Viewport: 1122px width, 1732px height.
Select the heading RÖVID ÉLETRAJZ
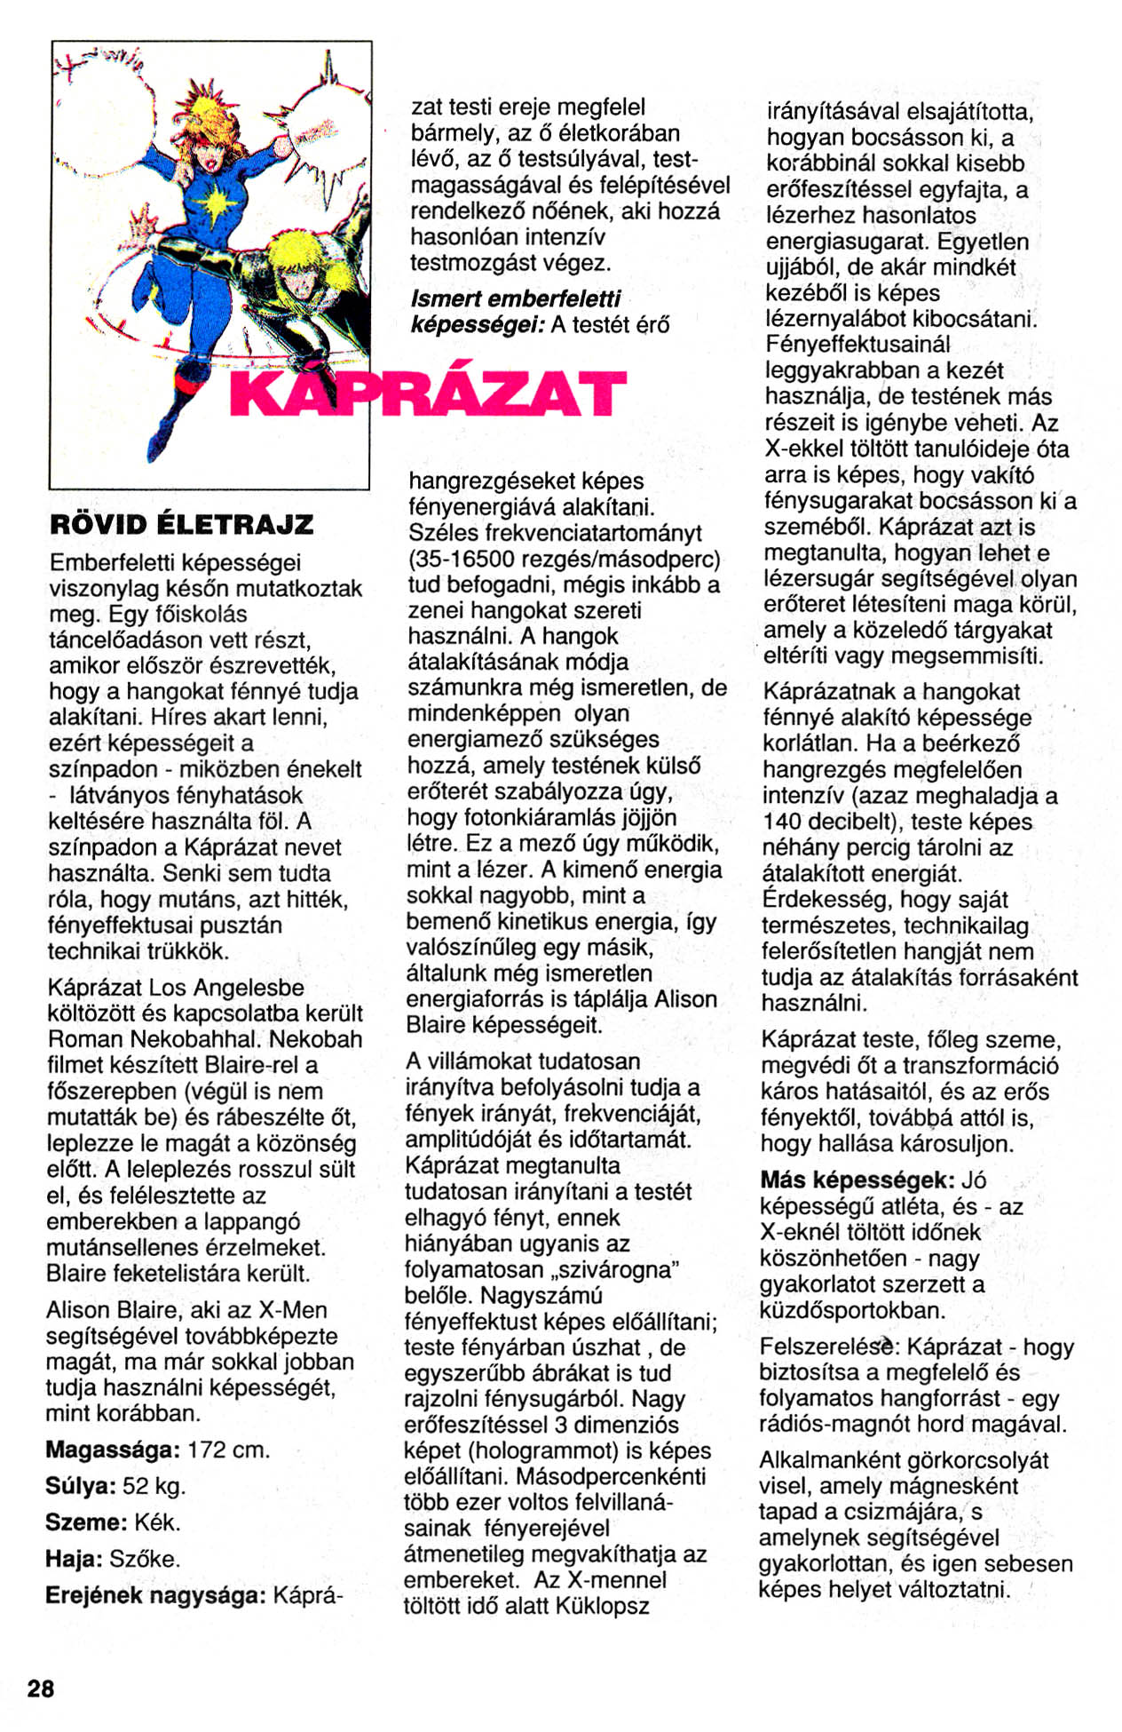182,524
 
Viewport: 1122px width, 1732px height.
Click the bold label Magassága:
113,1450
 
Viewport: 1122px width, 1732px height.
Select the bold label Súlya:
81,1486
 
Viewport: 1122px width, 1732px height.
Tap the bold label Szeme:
86,1522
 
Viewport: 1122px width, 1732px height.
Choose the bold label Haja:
75,1559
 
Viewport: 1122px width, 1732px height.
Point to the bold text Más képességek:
857,1180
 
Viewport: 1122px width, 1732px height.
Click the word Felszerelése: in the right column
830,1347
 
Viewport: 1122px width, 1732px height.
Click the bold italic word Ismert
446,299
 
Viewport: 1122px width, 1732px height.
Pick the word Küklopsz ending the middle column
603,1606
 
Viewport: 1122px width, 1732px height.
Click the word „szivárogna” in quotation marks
616,1269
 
